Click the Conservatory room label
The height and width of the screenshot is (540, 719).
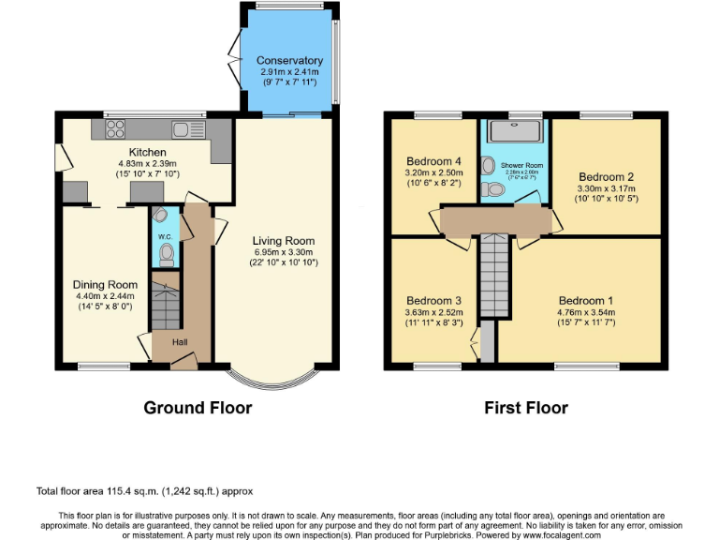click(x=289, y=61)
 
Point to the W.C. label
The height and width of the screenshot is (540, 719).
click(x=164, y=236)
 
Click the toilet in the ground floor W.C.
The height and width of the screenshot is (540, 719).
click(x=167, y=253)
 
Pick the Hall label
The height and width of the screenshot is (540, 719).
click(x=179, y=342)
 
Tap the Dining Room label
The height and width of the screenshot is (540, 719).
click(x=105, y=285)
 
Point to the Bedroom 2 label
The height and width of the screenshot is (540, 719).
click(x=606, y=177)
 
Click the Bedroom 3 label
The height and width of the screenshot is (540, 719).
click(x=432, y=301)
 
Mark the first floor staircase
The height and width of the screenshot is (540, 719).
click(x=495, y=277)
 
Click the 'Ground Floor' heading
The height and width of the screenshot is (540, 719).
click(x=197, y=408)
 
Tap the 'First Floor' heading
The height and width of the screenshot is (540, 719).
click(x=525, y=408)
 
